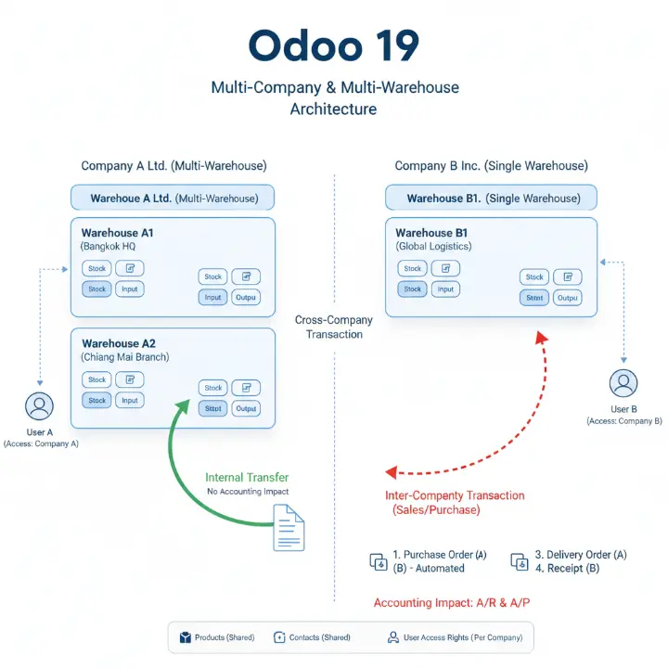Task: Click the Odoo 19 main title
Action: (x=334, y=46)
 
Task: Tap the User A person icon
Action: (x=40, y=406)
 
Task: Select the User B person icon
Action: (x=623, y=383)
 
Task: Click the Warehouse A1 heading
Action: (x=117, y=232)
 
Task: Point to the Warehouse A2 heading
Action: (x=118, y=343)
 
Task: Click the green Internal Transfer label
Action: (x=248, y=478)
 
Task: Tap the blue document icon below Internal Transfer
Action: (x=289, y=527)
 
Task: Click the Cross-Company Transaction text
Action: (x=334, y=327)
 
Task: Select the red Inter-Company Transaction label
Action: (x=455, y=495)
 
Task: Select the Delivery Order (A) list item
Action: (x=586, y=555)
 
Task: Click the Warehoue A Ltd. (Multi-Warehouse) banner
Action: (x=173, y=199)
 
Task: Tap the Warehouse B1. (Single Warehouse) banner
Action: (x=492, y=199)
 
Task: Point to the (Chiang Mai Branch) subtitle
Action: (x=125, y=357)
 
